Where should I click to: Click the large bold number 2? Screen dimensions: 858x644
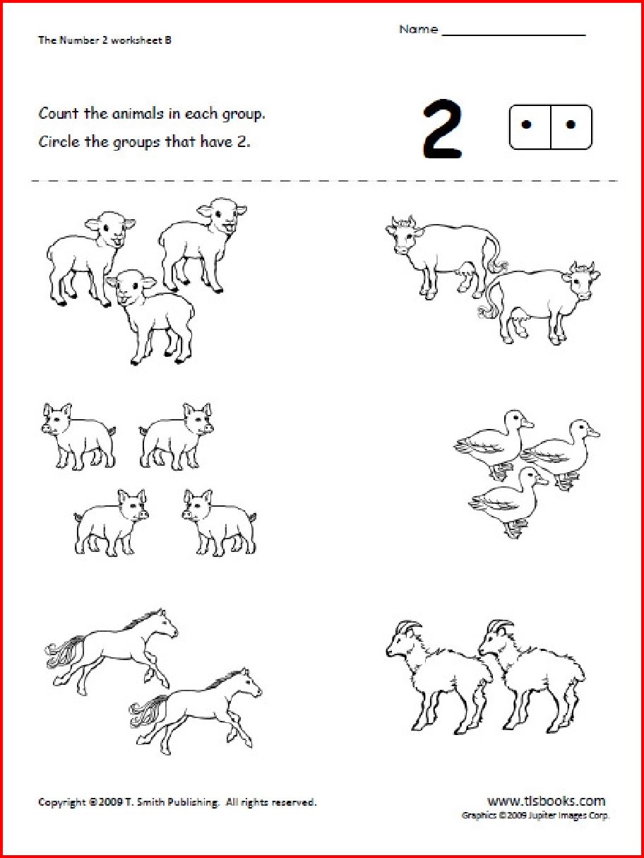point(442,129)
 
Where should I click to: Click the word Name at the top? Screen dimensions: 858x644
point(418,30)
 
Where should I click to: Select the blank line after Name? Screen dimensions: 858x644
point(513,33)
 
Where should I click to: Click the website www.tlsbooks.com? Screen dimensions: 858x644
point(546,801)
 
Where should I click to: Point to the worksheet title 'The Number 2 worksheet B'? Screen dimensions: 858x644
point(105,40)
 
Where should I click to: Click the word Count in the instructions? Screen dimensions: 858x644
point(56,113)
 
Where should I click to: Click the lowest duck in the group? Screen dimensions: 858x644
point(507,500)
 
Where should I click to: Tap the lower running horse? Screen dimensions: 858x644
point(199,707)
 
